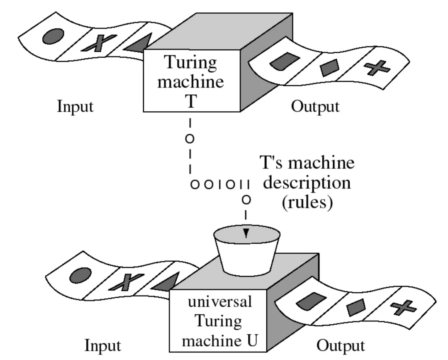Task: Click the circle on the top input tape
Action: pyautogui.click(x=53, y=37)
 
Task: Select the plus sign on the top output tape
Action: pyautogui.click(x=377, y=68)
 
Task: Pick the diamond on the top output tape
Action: pyautogui.click(x=330, y=68)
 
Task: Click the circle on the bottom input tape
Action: pyautogui.click(x=80, y=275)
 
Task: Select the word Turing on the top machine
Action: pyautogui.click(x=191, y=62)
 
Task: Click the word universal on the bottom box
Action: pyautogui.click(x=219, y=301)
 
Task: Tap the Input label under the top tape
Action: pyautogui.click(x=75, y=107)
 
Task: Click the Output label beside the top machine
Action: pyautogui.click(x=315, y=107)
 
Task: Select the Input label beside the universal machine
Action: pyautogui.click(x=103, y=345)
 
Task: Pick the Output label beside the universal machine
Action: pyautogui.click(x=341, y=345)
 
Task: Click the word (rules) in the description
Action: pyautogui.click(x=307, y=203)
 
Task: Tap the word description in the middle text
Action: pyautogui.click(x=307, y=183)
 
